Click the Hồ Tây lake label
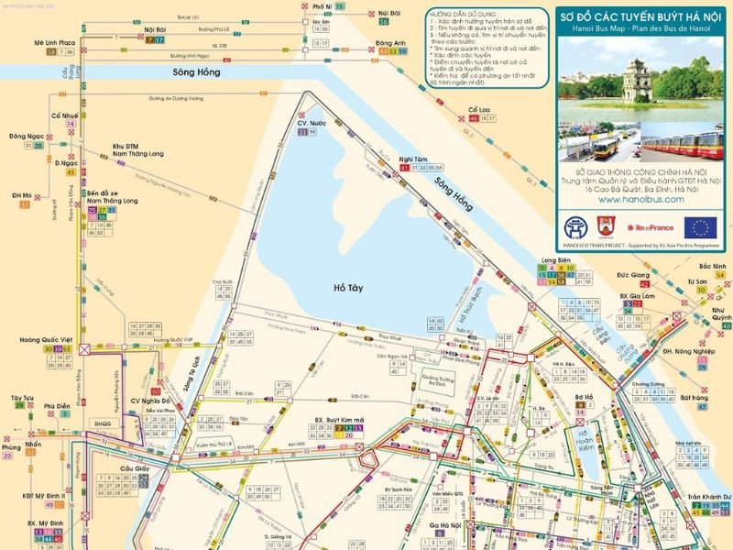point(348,288)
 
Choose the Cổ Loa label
point(479,109)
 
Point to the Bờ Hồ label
point(584,398)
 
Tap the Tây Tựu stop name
point(22,399)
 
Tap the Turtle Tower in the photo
point(632,80)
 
